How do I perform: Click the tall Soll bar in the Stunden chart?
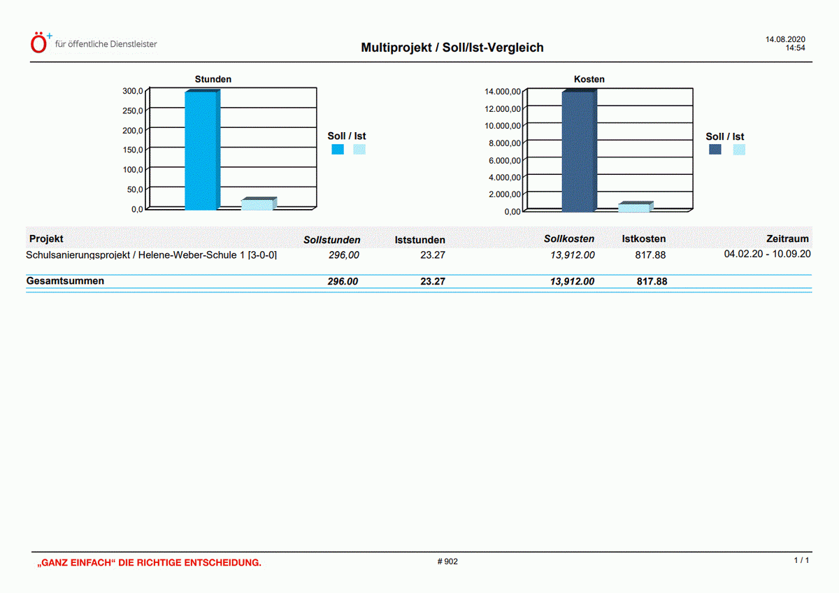[x=201, y=150]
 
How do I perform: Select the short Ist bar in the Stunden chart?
[x=257, y=204]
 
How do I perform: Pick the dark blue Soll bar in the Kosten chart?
[x=578, y=152]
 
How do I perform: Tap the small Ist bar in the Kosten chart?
[x=634, y=208]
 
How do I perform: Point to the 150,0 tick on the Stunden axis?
[x=133, y=150]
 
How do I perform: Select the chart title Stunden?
[x=213, y=80]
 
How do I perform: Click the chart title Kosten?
[x=589, y=80]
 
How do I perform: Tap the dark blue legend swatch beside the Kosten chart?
[x=715, y=150]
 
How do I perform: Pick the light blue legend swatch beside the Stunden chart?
[x=359, y=149]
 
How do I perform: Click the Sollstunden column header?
[x=331, y=240]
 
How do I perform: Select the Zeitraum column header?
[x=787, y=239]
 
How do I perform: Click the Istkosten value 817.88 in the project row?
[x=650, y=255]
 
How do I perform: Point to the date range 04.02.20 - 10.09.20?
[x=767, y=254]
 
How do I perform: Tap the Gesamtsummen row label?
[x=65, y=281]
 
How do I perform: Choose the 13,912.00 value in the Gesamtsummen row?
[x=572, y=282]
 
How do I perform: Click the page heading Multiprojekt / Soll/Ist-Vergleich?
[x=452, y=48]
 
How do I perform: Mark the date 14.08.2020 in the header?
[x=785, y=40]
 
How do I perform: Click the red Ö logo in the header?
[x=40, y=43]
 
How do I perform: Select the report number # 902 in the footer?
[x=447, y=562]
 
